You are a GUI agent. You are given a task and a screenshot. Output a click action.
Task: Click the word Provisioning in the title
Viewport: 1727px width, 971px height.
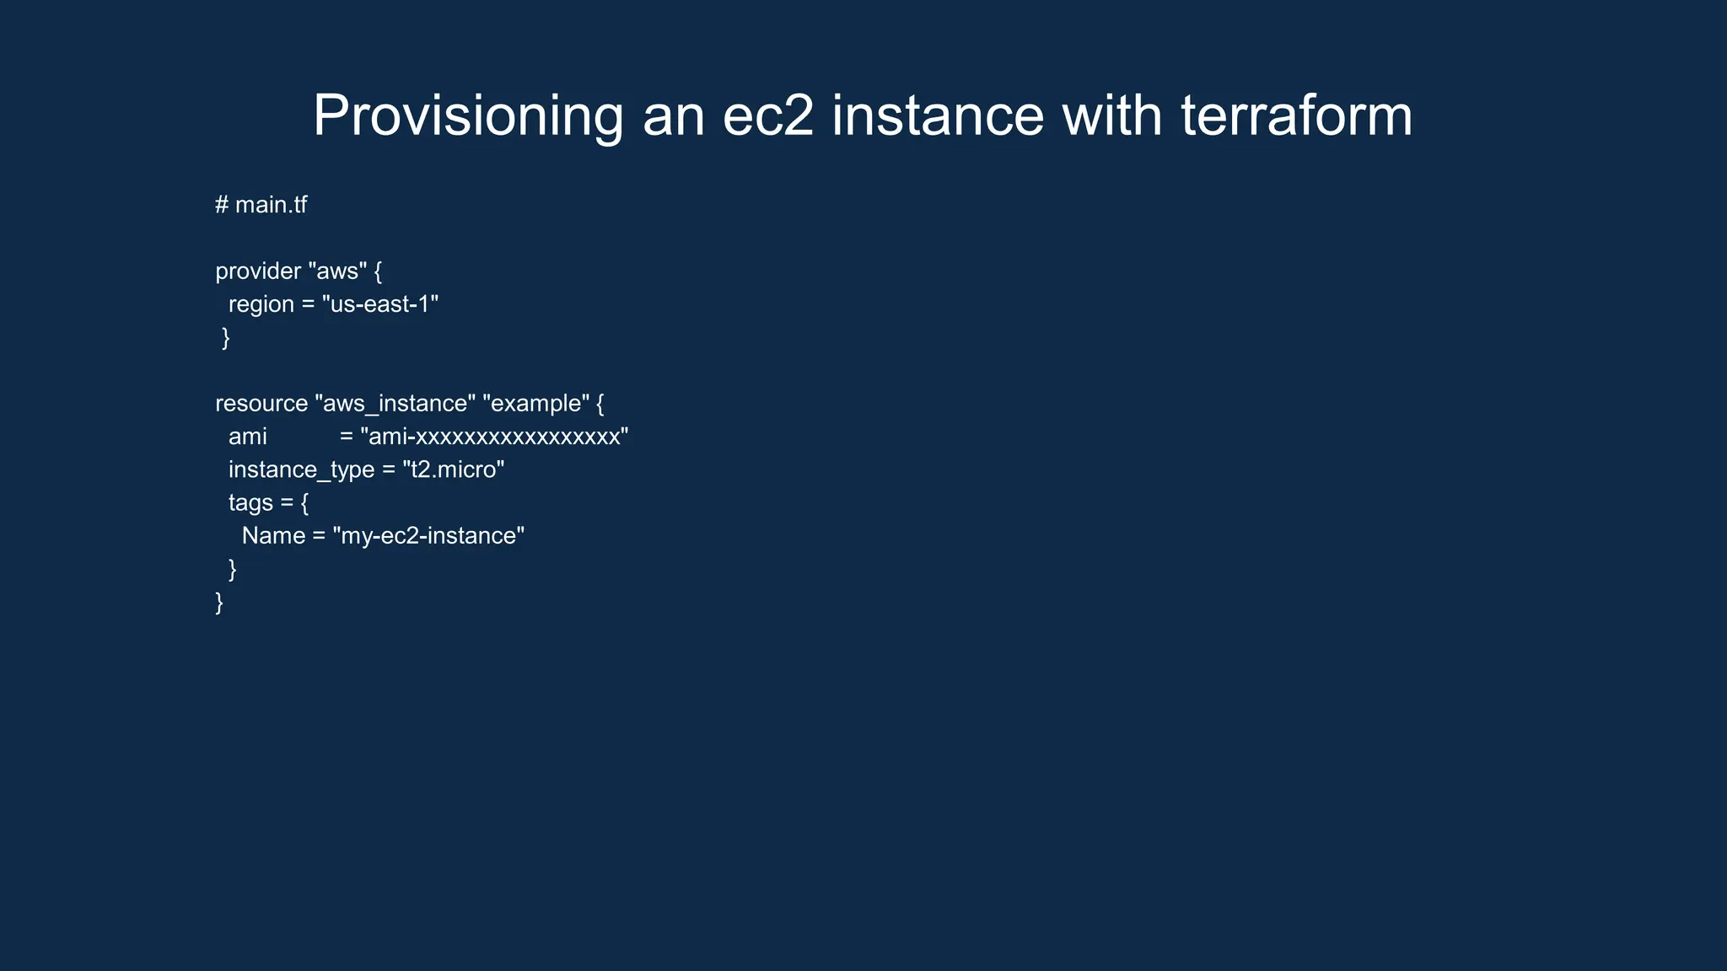point(468,115)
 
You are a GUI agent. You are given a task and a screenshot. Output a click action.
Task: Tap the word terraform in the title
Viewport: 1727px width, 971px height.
point(1296,115)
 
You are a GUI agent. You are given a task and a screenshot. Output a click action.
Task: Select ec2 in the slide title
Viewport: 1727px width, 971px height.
point(768,115)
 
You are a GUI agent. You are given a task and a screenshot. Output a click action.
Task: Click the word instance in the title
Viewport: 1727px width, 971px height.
point(938,115)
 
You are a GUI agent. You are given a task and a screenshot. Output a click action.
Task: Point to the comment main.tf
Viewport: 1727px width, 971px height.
point(270,205)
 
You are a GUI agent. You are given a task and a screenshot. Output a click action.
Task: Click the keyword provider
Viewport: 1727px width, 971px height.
point(258,271)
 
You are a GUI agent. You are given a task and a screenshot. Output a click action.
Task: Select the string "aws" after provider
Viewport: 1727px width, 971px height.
point(337,271)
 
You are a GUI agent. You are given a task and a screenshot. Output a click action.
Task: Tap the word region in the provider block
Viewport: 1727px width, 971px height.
point(261,304)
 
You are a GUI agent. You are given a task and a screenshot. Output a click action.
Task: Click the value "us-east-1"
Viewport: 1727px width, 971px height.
point(380,304)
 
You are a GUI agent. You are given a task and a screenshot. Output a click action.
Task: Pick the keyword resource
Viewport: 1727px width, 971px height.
point(261,404)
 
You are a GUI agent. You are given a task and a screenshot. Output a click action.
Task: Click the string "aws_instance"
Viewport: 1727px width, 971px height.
point(395,404)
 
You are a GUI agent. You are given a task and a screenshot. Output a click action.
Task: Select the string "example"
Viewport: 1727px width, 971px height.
point(535,404)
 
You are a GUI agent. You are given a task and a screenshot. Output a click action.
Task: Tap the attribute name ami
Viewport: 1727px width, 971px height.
point(247,437)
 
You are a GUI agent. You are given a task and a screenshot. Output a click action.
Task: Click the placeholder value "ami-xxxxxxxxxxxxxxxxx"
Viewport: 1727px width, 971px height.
point(494,437)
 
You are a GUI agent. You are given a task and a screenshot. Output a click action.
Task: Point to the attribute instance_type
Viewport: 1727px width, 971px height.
point(301,469)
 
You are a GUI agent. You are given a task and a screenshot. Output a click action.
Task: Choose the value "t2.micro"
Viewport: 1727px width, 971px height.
point(453,469)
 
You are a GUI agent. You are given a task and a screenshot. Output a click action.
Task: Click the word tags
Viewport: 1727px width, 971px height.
point(250,502)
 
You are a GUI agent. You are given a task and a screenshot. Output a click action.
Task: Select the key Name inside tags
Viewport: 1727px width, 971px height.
point(273,536)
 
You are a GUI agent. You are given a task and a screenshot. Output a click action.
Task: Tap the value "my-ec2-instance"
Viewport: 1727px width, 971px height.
point(428,536)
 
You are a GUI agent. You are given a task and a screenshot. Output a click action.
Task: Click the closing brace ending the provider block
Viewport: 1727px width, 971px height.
point(225,338)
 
